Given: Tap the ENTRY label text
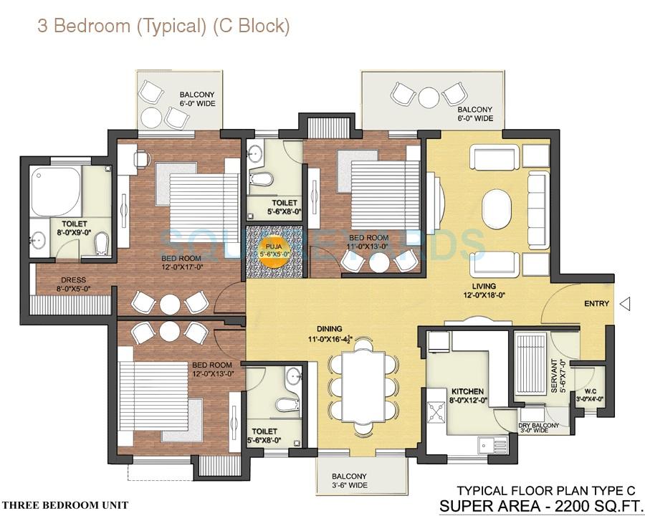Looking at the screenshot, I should [596, 304].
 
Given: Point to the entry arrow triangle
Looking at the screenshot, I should [624, 305].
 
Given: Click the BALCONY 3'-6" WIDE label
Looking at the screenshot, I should [349, 481].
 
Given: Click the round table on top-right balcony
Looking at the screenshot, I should [429, 96].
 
